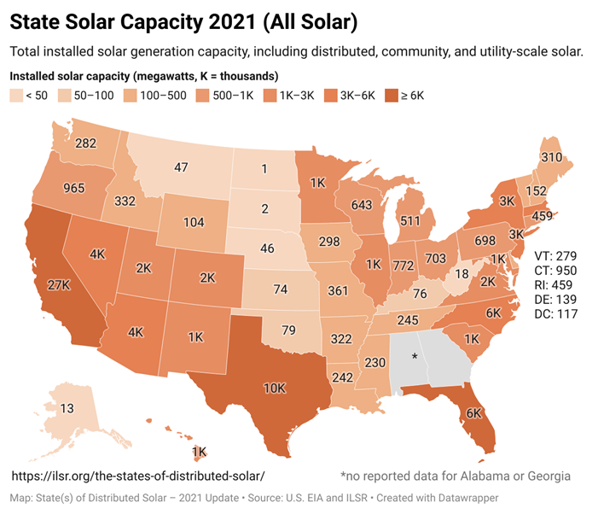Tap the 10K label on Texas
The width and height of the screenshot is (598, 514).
[x=274, y=388]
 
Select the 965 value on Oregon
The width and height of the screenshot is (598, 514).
[x=55, y=186]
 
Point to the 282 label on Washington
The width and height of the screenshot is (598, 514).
[x=85, y=143]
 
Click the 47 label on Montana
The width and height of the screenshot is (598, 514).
[x=181, y=167]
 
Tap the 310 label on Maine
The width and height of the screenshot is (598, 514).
[x=551, y=157]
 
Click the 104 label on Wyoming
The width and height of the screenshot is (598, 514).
[x=194, y=221]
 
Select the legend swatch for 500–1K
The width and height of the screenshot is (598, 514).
[x=203, y=96]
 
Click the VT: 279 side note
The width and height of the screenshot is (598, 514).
[x=556, y=256]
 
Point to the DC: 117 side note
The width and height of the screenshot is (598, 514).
[x=556, y=314]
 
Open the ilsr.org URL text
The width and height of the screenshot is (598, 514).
[x=137, y=475]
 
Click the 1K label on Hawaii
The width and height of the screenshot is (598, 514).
[x=199, y=452]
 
